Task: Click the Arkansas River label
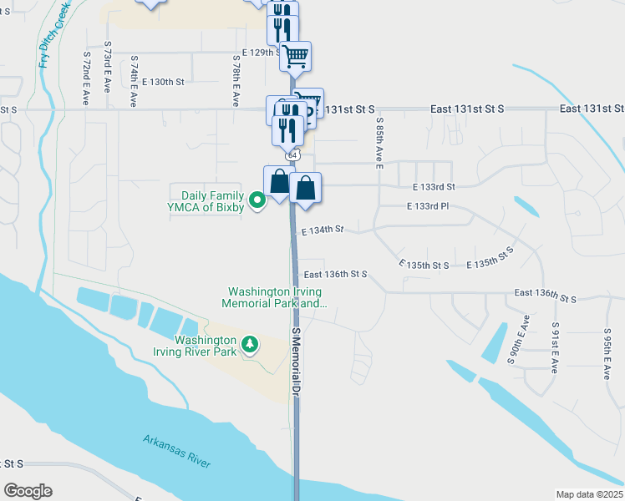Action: (176, 452)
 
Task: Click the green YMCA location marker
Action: (258, 199)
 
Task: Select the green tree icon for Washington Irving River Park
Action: (248, 344)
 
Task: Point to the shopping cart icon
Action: (295, 57)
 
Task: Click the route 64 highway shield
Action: (292, 155)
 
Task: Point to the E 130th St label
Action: (162, 82)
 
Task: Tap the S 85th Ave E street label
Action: (379, 143)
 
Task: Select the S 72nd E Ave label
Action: (86, 75)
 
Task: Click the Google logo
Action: (28, 491)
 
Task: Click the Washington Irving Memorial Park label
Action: (276, 297)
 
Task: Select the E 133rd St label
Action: (434, 187)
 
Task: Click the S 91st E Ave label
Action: (555, 347)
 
